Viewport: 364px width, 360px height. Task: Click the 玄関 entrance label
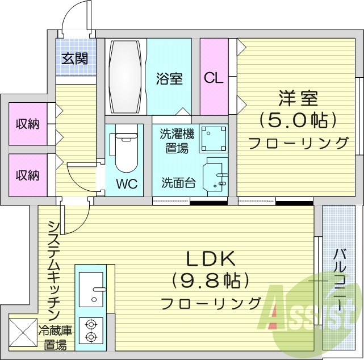pyautogui.click(x=75, y=58)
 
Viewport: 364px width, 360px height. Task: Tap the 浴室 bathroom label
pyautogui.click(x=170, y=79)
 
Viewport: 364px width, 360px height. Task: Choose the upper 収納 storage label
pyautogui.click(x=27, y=124)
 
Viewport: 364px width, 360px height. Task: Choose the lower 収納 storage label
pyautogui.click(x=27, y=175)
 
